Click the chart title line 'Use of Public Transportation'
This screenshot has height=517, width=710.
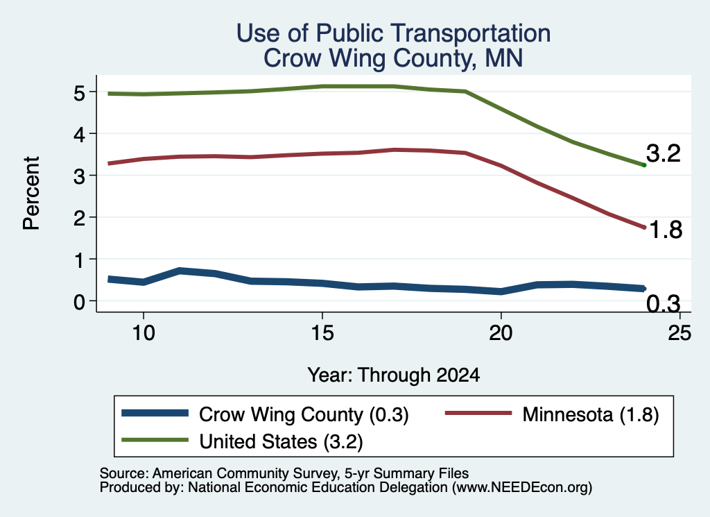(x=394, y=33)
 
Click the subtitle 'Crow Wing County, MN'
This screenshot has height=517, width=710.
(x=394, y=58)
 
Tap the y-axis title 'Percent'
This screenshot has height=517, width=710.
(x=31, y=193)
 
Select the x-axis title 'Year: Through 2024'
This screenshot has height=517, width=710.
(x=394, y=375)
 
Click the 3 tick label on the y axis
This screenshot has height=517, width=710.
(x=79, y=176)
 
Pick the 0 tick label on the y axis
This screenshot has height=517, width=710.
(x=79, y=301)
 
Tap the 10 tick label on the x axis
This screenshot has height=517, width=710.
(x=144, y=333)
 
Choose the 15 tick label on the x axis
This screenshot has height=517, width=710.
(x=322, y=333)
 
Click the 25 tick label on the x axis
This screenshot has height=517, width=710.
(x=679, y=333)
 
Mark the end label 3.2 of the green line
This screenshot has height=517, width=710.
(x=663, y=153)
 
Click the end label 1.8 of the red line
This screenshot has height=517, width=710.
(x=666, y=230)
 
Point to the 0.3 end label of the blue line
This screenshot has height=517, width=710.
(x=663, y=303)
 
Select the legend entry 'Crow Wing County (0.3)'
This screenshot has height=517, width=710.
(x=304, y=414)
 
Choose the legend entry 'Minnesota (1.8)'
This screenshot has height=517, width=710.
(x=591, y=414)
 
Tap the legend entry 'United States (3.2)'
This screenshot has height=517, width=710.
(x=282, y=442)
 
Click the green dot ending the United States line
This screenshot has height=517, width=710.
(x=644, y=165)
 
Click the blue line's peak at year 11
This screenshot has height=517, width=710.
(x=180, y=271)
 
